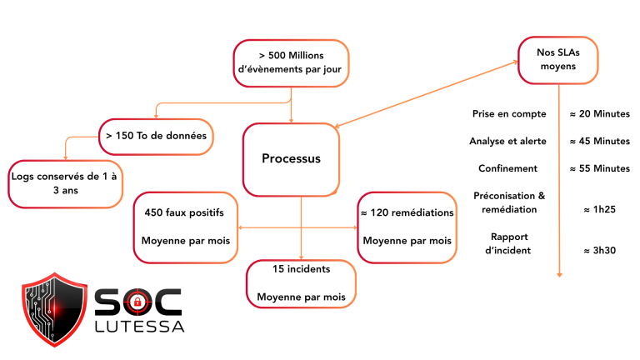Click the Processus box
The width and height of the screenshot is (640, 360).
coord(291,159)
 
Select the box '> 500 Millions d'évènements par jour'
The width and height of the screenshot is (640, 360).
coord(290,62)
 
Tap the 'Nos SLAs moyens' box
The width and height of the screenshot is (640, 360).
coord(557,60)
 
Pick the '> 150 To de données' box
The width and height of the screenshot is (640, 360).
coord(156,136)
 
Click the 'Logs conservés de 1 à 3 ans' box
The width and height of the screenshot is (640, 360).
coord(65,184)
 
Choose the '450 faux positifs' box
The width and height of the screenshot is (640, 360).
coord(185,227)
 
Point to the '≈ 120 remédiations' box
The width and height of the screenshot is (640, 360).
coord(407,227)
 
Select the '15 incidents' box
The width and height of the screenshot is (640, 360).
coord(301,283)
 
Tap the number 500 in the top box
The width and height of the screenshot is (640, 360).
coord(277,55)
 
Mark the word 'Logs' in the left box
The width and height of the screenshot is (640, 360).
coord(25,177)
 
